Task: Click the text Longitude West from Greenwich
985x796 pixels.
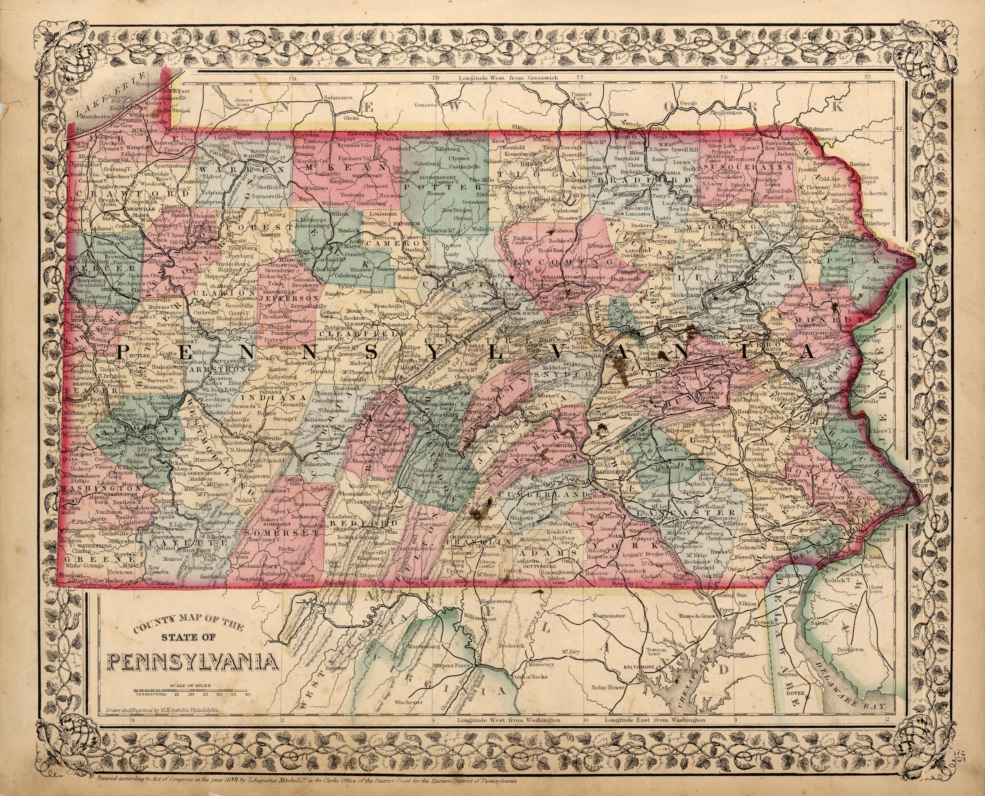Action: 509,78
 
